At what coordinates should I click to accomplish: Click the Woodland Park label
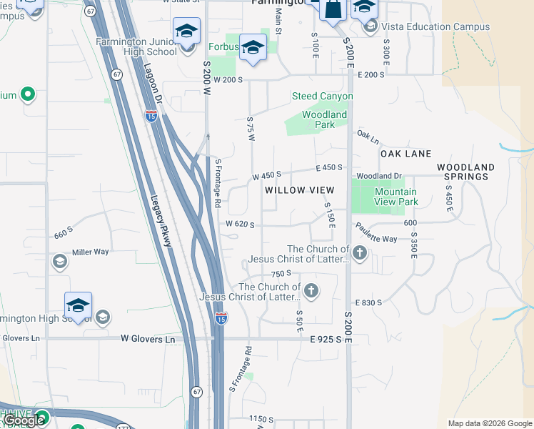(x=324, y=119)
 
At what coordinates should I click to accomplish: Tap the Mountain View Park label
(x=396, y=197)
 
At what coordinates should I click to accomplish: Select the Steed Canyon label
(x=322, y=96)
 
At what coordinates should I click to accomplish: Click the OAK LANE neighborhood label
(x=405, y=154)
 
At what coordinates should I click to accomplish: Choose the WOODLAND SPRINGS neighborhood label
(x=465, y=172)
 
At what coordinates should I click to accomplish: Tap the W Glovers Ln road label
(x=148, y=339)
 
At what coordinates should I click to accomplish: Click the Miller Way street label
(x=90, y=252)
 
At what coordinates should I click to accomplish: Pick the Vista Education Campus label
(x=435, y=27)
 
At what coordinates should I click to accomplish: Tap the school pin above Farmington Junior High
(x=186, y=31)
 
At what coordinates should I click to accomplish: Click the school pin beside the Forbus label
(x=252, y=48)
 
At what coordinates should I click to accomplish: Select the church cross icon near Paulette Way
(x=360, y=252)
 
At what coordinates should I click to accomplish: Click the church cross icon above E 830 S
(x=311, y=291)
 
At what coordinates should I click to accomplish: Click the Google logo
(x=24, y=420)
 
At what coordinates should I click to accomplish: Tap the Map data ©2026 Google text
(x=489, y=423)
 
